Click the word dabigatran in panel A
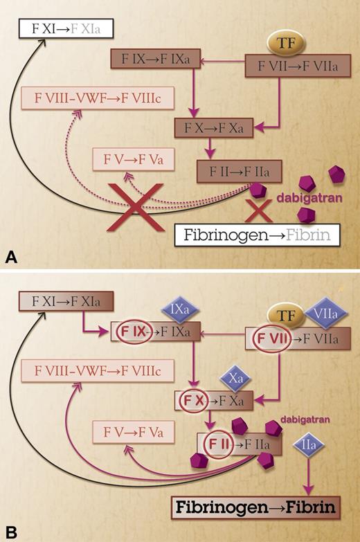click(x=305, y=197)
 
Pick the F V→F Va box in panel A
click(x=135, y=160)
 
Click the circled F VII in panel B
click(x=267, y=341)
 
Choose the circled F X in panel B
click(x=196, y=400)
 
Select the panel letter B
click(x=11, y=533)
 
